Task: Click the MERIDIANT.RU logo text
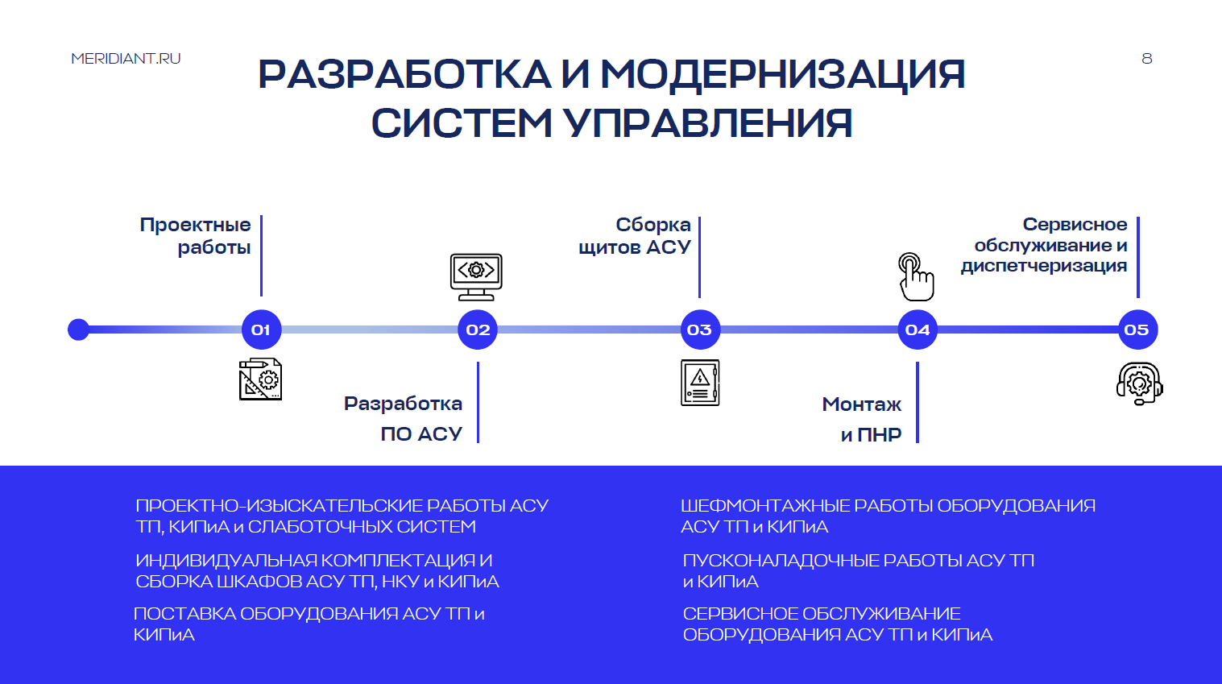click(x=126, y=59)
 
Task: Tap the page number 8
click(x=1147, y=59)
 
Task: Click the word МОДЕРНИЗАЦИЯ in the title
click(x=782, y=75)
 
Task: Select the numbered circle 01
click(x=261, y=330)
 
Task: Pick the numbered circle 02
click(x=478, y=330)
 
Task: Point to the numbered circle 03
click(x=699, y=330)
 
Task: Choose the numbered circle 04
click(x=918, y=330)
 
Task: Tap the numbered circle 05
click(x=1137, y=330)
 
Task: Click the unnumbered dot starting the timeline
click(x=78, y=330)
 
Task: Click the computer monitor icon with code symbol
click(x=476, y=276)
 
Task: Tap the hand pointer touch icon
click(x=916, y=276)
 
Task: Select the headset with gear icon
click(x=1139, y=383)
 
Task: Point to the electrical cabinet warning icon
click(x=700, y=383)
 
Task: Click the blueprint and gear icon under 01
click(x=260, y=379)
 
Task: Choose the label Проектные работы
click(x=196, y=236)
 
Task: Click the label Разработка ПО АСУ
click(x=404, y=419)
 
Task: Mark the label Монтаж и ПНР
click(x=862, y=419)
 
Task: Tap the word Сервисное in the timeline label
click(x=1075, y=225)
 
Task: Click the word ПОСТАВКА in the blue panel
click(x=184, y=614)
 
